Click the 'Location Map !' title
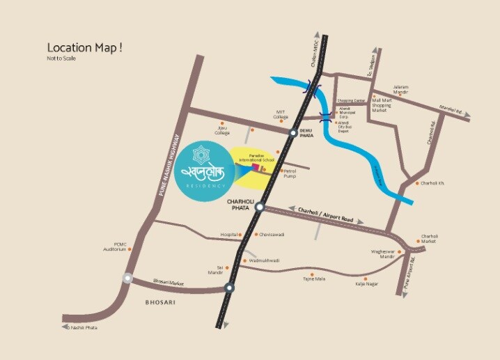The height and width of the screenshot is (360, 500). [84, 47]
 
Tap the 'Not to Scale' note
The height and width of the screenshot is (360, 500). [61, 58]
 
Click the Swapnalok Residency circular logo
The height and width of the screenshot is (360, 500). [206, 171]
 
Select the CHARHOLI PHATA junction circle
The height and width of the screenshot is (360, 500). [259, 207]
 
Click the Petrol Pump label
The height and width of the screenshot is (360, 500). [289, 173]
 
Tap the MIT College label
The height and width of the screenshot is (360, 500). [281, 113]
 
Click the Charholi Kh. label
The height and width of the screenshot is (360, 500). [430, 184]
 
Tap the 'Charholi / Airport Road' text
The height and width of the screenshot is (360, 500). [326, 214]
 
